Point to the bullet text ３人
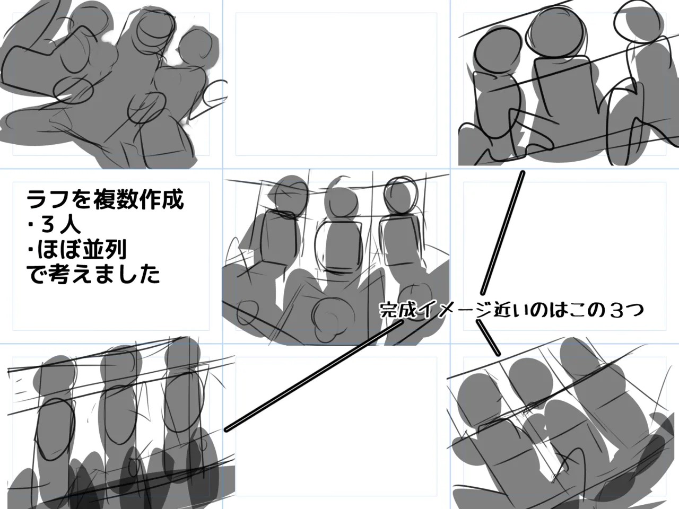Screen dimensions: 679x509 tap(60, 225)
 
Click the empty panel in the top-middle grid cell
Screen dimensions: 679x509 tap(336, 84)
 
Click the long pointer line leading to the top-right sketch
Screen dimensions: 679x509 tap(502, 233)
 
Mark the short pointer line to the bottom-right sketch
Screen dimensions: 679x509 tap(488, 338)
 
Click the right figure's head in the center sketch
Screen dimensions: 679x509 tap(401, 194)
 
